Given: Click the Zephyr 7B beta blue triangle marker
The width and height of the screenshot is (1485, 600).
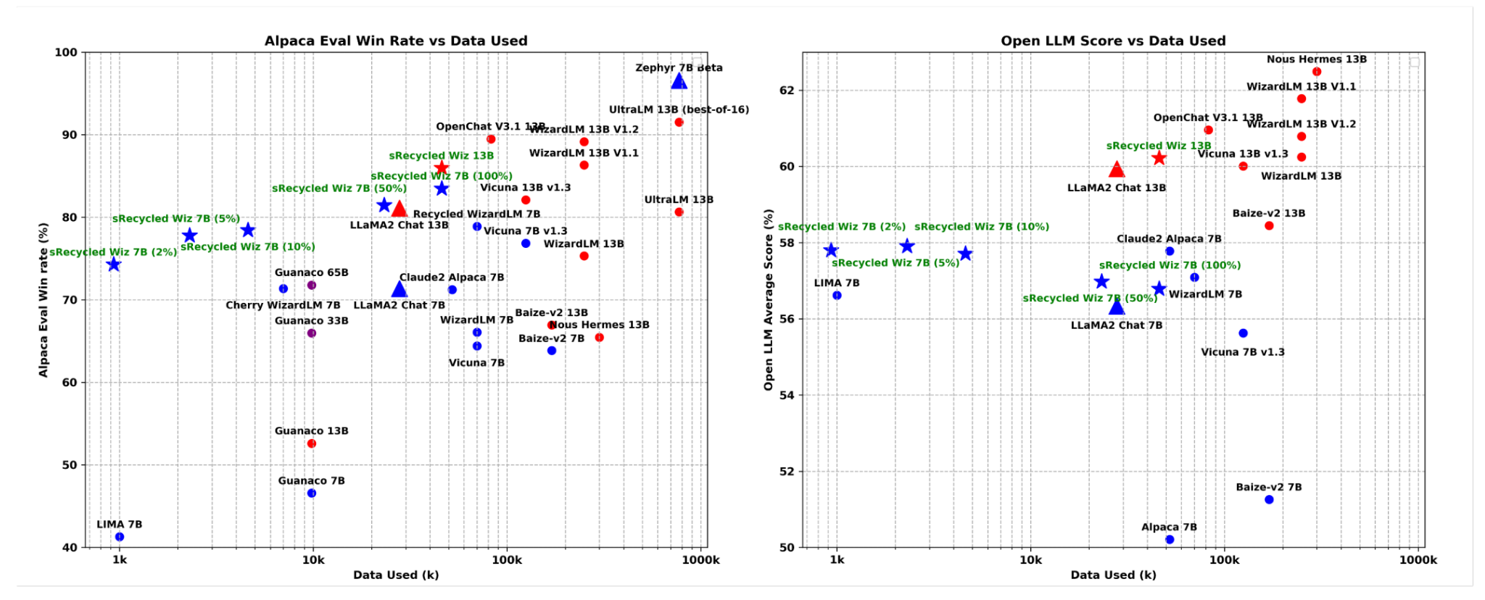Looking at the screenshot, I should pos(679,81).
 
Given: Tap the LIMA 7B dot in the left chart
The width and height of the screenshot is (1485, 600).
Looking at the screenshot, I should pos(120,537).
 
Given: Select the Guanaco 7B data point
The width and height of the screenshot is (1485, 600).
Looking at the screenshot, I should pos(312,493).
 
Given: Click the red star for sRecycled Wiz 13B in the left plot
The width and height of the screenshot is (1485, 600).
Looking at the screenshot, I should pos(441,168).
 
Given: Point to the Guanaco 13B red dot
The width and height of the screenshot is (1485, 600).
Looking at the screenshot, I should pos(312,443).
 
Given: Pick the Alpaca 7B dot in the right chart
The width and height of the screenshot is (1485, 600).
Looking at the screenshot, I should pos(1170,540).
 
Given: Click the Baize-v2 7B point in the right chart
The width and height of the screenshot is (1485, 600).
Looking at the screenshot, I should pos(1269,500).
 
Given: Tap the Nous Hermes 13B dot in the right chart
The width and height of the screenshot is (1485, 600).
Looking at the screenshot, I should pos(1317,72).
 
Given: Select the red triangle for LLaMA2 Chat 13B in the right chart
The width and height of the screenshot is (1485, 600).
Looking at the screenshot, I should pos(1117,170).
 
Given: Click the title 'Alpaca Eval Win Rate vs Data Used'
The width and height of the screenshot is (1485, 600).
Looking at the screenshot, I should pos(396,41).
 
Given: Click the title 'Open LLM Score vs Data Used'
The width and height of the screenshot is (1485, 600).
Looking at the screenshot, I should pos(1113,41).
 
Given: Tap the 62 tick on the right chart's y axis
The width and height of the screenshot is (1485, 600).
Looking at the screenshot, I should pos(786,91).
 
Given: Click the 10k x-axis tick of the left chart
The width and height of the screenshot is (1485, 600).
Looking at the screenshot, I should pos(313,560).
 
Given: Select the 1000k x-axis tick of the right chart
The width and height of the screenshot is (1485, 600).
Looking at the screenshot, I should pos(1418,560).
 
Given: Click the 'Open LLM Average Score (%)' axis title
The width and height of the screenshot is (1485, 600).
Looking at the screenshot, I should pos(769,300).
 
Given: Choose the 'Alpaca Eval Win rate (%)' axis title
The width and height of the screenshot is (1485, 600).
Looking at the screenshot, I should pos(44,300).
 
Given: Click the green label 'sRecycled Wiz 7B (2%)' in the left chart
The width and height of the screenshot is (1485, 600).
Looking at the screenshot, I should pos(113,252).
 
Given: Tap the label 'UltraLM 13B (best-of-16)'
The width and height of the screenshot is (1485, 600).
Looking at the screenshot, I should pos(679,110).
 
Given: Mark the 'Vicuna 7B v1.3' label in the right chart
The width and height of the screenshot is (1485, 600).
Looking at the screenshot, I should pos(1242,352).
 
